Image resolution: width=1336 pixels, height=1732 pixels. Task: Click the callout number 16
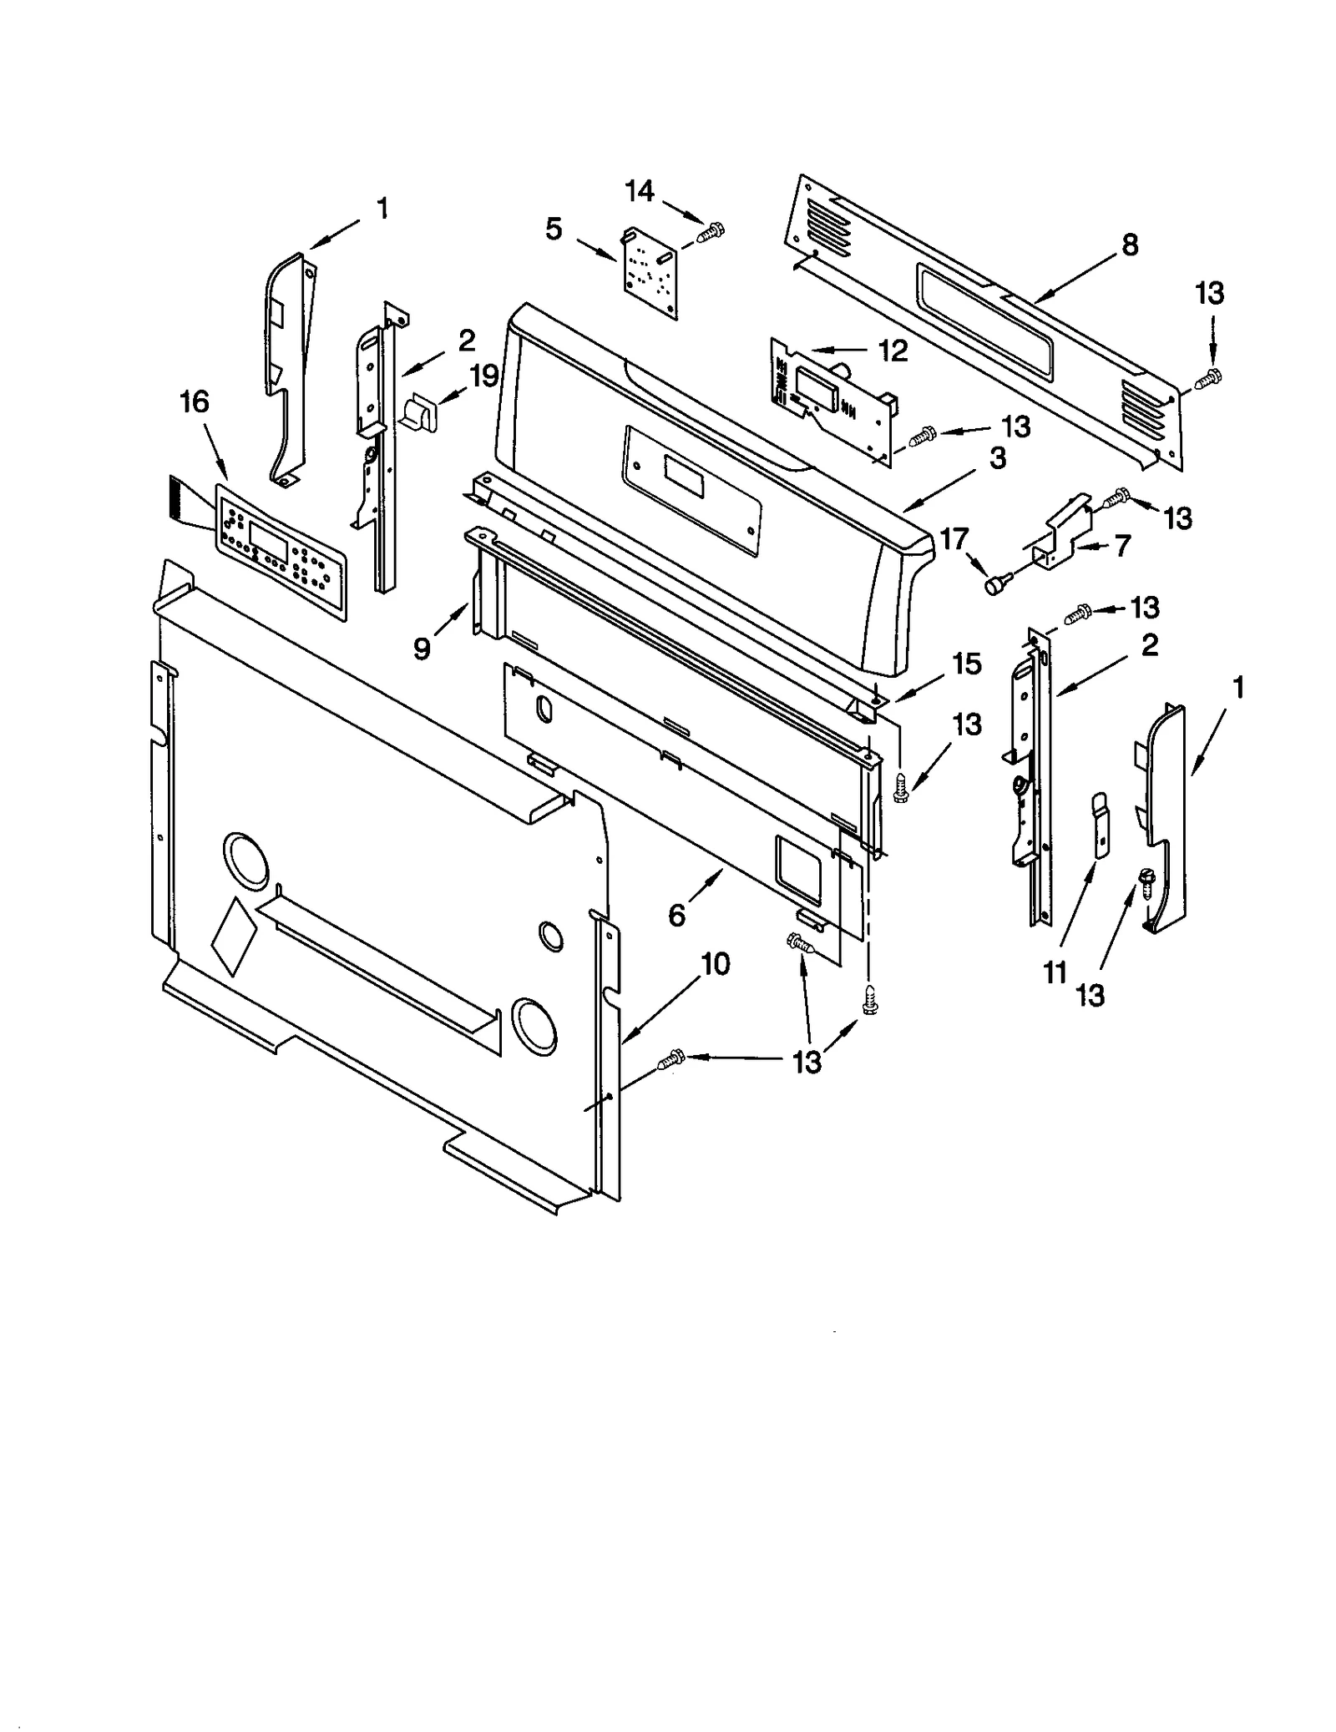tap(195, 402)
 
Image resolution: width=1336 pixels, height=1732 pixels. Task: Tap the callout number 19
tap(483, 376)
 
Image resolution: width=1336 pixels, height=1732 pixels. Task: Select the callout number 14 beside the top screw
tap(640, 191)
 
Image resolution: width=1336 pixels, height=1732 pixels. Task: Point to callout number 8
tap(1129, 245)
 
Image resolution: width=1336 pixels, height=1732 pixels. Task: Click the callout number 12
tap(893, 351)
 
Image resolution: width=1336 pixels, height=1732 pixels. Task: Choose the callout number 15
tap(967, 664)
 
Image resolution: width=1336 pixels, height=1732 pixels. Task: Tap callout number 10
tap(716, 964)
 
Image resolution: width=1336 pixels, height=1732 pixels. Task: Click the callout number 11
tap(1055, 972)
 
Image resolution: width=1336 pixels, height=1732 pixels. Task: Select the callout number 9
tap(423, 649)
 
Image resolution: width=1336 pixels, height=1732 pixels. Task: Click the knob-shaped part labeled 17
tap(997, 584)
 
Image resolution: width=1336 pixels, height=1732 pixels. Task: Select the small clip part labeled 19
tap(417, 413)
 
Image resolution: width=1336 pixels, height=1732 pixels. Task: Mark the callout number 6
tap(677, 916)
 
